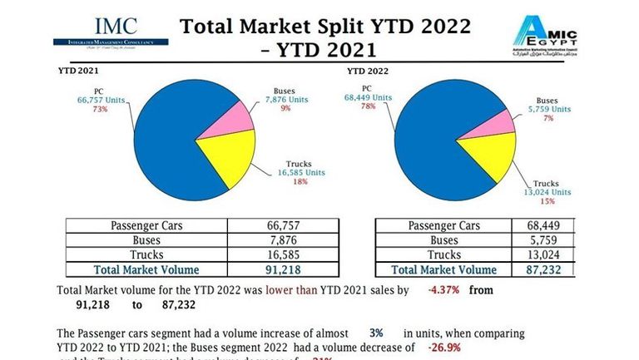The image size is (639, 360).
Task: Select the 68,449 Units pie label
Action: coord(365,97)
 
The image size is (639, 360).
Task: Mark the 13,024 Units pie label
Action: coord(548,191)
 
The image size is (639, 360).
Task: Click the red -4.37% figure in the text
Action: coord(443,290)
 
